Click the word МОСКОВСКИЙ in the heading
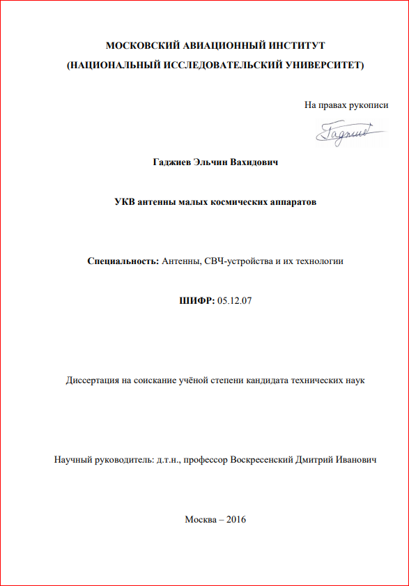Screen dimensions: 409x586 coord(139,46)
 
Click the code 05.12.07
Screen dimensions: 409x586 coord(234,301)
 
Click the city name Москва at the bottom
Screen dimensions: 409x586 coord(200,519)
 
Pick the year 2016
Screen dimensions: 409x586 coord(237,519)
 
